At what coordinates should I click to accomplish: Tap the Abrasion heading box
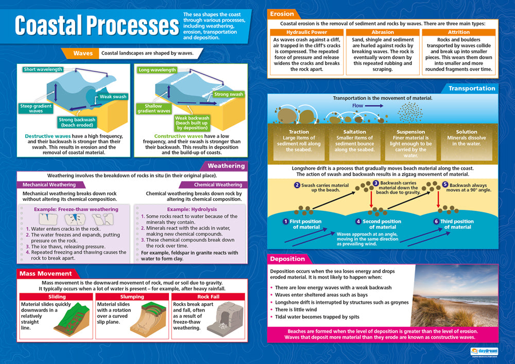[x=383, y=32]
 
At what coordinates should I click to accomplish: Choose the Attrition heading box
[x=458, y=32]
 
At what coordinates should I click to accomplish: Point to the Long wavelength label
[x=157, y=70]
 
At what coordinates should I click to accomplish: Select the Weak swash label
[x=113, y=96]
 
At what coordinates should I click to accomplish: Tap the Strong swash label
[x=228, y=94]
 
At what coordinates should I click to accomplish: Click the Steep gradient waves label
[x=36, y=108]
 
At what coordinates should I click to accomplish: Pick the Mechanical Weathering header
[x=49, y=184]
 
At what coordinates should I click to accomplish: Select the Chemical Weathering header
[x=218, y=184]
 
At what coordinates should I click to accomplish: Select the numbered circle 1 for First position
[x=285, y=221]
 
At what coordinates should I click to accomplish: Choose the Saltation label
[x=354, y=132]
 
